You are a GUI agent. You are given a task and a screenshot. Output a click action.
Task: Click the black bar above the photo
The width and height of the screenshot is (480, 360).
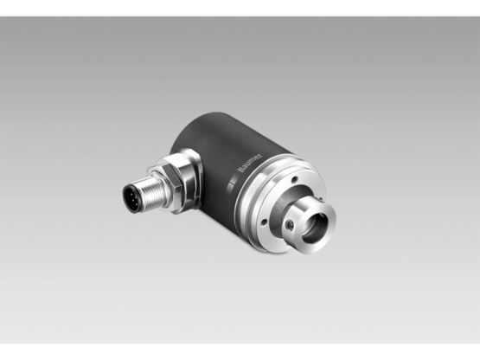(240, 7)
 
